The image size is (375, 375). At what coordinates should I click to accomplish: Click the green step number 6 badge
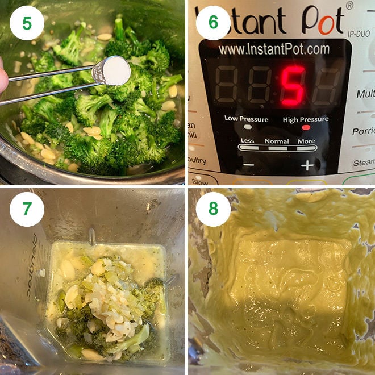[213, 23]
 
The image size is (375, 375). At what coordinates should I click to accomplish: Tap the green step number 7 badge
[27, 209]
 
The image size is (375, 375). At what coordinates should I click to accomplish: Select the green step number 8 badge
[213, 209]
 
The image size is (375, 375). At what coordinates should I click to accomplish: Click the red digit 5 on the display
[293, 85]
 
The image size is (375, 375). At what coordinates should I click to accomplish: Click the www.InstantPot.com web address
[274, 49]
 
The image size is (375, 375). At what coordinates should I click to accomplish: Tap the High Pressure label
[306, 119]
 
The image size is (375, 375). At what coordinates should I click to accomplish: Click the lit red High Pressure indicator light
[306, 128]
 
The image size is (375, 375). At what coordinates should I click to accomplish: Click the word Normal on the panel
[277, 141]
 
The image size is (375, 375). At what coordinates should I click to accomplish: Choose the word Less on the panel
[248, 141]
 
